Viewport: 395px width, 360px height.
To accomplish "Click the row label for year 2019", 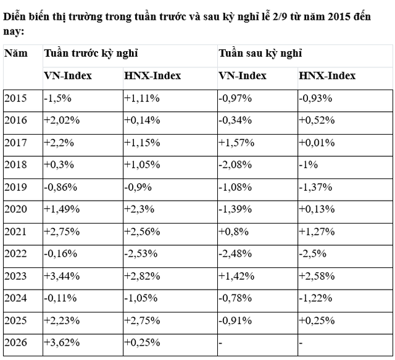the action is pyautogui.click(x=15, y=187).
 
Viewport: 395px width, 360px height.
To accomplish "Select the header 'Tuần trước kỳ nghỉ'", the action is pyautogui.click(x=91, y=54).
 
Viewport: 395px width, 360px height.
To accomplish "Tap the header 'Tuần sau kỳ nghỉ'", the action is pyautogui.click(x=260, y=54).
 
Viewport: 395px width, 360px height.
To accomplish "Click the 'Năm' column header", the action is pyautogui.click(x=15, y=53).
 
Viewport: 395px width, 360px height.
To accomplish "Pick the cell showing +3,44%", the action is pyautogui.click(x=62, y=276).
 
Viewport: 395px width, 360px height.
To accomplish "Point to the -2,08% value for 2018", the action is pyautogui.click(x=235, y=165).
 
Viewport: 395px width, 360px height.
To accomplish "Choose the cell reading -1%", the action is pyautogui.click(x=308, y=165).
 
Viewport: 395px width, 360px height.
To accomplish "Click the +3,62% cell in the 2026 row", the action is pyautogui.click(x=62, y=343).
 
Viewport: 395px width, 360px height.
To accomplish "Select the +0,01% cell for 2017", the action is pyautogui.click(x=317, y=143).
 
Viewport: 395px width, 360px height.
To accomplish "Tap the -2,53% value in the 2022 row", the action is pyautogui.click(x=141, y=254).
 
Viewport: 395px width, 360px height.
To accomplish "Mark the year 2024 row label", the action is pyautogui.click(x=15, y=298).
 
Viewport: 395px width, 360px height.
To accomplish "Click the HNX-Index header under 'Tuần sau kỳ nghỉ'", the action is pyautogui.click(x=327, y=76).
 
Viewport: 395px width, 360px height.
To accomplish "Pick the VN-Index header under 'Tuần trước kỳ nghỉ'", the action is pyautogui.click(x=68, y=76).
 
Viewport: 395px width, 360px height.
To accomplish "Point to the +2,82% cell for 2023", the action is pyautogui.click(x=142, y=276).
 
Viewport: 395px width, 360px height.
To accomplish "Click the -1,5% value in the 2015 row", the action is pyautogui.click(x=57, y=98).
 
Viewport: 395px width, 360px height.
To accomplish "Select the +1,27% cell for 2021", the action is pyautogui.click(x=317, y=232).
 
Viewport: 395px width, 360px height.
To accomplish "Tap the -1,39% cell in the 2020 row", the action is pyautogui.click(x=235, y=209).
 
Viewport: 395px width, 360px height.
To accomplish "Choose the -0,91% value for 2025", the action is pyautogui.click(x=235, y=320).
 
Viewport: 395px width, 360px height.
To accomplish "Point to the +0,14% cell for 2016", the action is pyautogui.click(x=142, y=120).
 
